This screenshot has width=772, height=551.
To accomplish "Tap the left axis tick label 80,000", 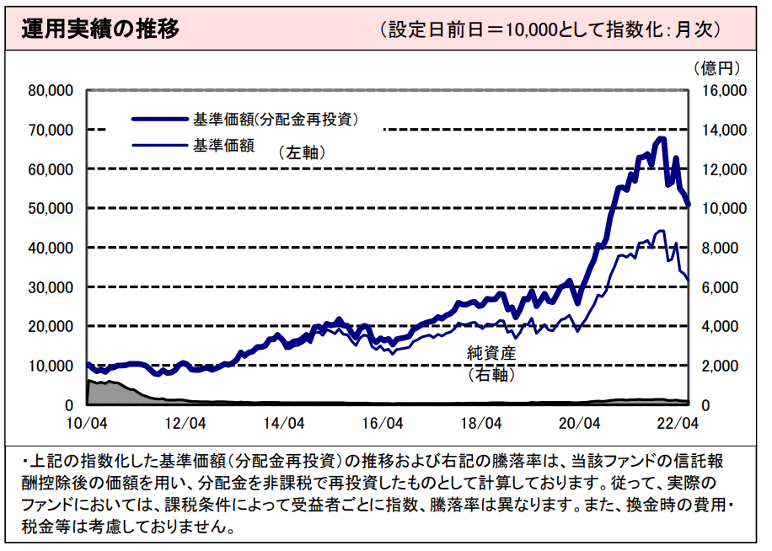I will [51, 90].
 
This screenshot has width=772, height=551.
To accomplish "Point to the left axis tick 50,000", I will [51, 208].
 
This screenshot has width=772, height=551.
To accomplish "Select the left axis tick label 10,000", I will [51, 366].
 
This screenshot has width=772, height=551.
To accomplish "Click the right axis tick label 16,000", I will [721, 90].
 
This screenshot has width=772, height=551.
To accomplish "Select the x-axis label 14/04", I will [284, 421].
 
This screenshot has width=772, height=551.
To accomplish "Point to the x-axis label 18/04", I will [481, 421].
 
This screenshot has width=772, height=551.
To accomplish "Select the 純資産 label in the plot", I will [491, 354].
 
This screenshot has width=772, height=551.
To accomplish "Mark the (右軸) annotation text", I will [491, 374].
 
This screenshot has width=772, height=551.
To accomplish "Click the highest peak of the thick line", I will [662, 138].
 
